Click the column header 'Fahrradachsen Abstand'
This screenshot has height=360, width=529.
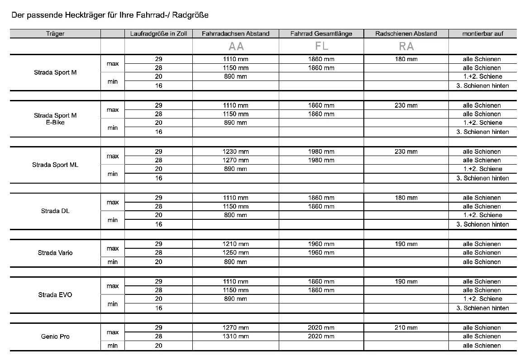[x=235, y=33]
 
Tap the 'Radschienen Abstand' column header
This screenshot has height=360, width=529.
[x=406, y=33]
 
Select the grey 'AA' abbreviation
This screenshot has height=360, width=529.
[x=236, y=46]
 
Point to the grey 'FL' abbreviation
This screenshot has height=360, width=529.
[x=321, y=46]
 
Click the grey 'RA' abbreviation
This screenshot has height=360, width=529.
[x=406, y=46]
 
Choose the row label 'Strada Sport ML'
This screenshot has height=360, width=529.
[x=55, y=165]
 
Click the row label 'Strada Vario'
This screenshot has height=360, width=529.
[x=55, y=253]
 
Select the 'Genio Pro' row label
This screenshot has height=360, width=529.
[x=55, y=336]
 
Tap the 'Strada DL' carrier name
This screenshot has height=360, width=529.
[x=55, y=211]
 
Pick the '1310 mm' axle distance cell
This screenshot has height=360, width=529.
[x=236, y=336]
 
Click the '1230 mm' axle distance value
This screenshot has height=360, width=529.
[x=236, y=152]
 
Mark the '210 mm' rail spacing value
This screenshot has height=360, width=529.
[x=406, y=327]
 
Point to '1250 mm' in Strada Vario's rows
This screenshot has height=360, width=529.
[x=236, y=253]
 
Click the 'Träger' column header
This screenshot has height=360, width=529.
[x=55, y=33]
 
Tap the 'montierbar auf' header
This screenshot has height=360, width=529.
[x=483, y=33]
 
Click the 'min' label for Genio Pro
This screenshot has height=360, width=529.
[x=113, y=346]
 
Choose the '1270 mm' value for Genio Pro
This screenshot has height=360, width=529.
[x=236, y=327]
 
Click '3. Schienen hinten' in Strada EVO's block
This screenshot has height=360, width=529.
[x=482, y=308]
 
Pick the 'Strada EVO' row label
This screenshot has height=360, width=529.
[x=55, y=295]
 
